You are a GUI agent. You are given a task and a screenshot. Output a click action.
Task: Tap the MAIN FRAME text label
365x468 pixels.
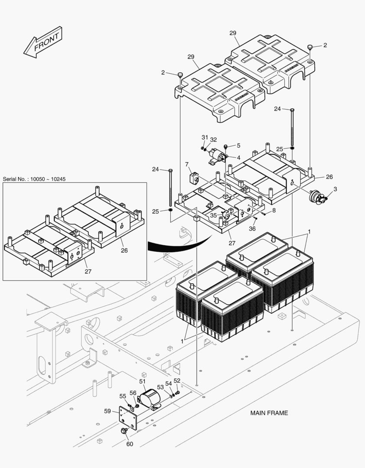pos(269,413)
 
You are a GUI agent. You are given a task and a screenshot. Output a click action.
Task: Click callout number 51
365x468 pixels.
pos(142,381)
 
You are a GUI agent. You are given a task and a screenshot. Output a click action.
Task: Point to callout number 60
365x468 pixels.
pos(130,444)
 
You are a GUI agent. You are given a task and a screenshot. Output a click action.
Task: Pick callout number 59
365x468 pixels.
pos(107,411)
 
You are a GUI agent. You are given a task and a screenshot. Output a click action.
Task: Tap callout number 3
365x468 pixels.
pos(335,189)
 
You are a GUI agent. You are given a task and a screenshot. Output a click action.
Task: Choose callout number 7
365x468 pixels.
pos(187,165)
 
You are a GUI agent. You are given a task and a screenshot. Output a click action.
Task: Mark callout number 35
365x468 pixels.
pos(213,215)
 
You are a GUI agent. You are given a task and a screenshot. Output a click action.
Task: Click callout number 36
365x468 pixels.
pos(252,229)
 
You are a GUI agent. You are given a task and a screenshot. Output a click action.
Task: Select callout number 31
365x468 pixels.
pos(205,137)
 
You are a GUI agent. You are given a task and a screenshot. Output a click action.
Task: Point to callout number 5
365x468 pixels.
pos(238,146)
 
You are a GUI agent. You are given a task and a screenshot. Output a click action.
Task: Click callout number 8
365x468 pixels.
pos(274,211)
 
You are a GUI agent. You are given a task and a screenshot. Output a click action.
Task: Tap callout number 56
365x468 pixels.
pos(133,393)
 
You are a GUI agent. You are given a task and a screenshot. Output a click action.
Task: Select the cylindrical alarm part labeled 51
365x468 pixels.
pos(150,397)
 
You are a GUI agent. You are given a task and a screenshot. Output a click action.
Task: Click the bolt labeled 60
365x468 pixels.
pos(124,431)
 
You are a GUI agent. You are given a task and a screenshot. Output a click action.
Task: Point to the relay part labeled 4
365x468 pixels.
pos(216,155)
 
